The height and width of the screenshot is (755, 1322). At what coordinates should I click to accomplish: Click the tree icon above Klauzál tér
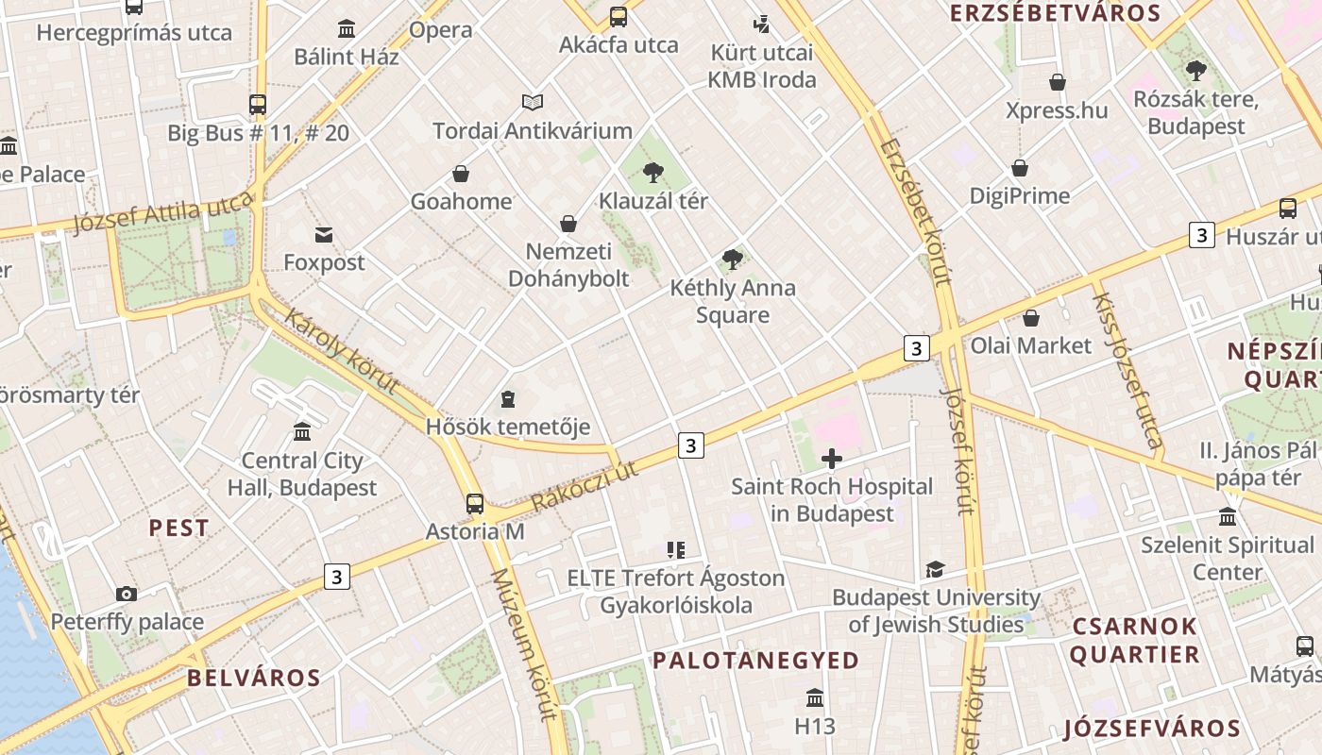tap(653, 172)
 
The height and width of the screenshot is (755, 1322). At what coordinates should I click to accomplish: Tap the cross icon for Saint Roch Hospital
tap(832, 460)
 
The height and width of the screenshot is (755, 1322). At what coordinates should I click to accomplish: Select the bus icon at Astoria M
tap(475, 503)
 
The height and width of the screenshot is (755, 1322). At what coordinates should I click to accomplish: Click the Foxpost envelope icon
tap(324, 234)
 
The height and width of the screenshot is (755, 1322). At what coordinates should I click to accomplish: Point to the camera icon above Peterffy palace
tap(127, 594)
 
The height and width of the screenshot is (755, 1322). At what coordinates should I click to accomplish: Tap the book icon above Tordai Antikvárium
tap(533, 102)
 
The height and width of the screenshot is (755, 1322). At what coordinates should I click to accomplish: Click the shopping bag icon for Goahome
tap(461, 174)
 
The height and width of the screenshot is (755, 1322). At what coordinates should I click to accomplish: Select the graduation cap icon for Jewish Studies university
tap(935, 569)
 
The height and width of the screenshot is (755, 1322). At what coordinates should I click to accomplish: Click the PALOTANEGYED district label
tap(755, 660)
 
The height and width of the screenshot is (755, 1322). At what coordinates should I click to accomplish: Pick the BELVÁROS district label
tap(253, 678)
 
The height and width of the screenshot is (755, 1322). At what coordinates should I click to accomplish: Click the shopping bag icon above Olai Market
tap(1031, 318)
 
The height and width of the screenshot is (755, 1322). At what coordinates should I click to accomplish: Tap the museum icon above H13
tap(815, 698)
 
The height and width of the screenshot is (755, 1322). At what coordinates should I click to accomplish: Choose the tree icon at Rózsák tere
tap(1196, 70)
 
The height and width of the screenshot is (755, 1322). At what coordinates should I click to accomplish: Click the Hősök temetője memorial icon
tap(508, 399)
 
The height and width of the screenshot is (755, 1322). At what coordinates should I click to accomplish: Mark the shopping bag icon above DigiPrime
tap(1020, 168)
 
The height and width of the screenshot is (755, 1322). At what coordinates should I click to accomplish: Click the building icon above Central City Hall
tap(302, 431)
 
